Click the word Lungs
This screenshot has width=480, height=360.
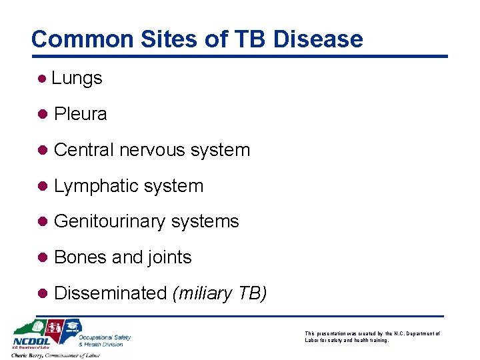click(x=77, y=78)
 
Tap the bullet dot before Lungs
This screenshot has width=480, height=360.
click(x=42, y=79)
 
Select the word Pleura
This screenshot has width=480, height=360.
click(x=80, y=114)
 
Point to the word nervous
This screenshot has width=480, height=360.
click(x=153, y=150)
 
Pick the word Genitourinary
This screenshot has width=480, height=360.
click(x=110, y=221)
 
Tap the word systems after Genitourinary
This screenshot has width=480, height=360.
click(x=205, y=221)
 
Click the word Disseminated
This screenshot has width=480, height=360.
click(x=110, y=293)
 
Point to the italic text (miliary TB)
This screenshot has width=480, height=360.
click(x=219, y=293)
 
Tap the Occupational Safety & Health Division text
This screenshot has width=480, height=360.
click(x=105, y=340)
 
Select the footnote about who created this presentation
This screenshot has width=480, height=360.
click(x=372, y=336)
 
